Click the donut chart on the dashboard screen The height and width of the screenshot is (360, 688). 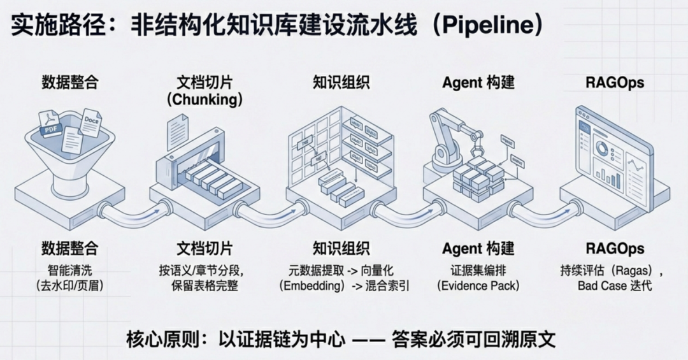pos(601,150)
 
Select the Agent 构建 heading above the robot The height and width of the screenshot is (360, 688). pos(478,83)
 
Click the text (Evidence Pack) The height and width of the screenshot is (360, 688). pos(478,286)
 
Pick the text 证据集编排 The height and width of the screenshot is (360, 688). pos(478,270)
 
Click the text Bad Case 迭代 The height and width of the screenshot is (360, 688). pos(615,286)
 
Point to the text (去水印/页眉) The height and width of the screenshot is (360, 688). pos(70,286)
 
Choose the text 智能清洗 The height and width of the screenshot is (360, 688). pos(70,270)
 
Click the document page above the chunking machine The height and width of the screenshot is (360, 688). pos(178,132)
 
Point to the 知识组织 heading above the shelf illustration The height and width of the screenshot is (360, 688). pos(341,83)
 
